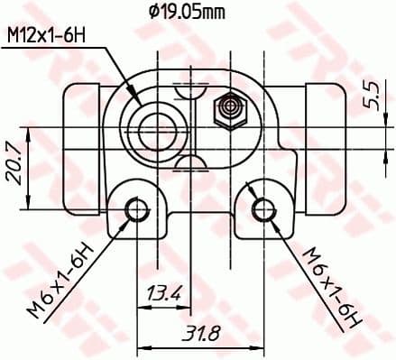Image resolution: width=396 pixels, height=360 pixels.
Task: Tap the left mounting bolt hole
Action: click(x=136, y=210)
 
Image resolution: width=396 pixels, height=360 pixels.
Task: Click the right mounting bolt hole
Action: click(x=262, y=210)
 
